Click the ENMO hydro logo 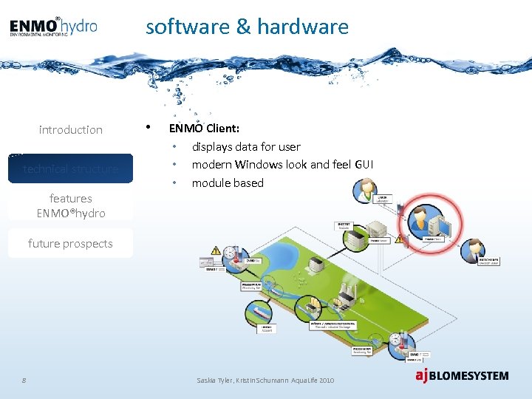pos(53,27)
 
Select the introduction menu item pos(71,130)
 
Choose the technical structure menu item pos(71,168)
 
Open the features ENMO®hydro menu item pos(71,205)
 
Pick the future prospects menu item pos(71,243)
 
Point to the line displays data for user pos(246,147)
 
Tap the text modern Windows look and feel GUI pos(282,165)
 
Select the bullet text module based pos(228,183)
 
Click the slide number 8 pos(24,380)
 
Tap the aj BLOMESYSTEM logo pos(462,375)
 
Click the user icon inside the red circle pos(417,219)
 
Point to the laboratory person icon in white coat pos(366,191)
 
